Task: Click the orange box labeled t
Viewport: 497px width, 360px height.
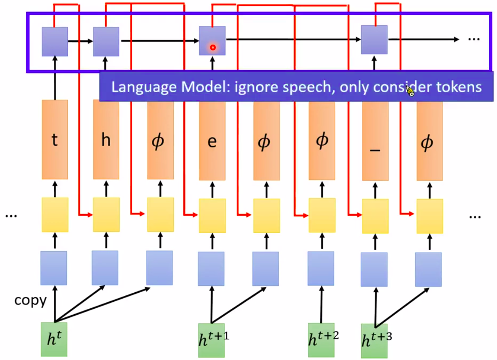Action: pos(55,139)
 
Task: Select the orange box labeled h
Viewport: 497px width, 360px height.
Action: pos(106,139)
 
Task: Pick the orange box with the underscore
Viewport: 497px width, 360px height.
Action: pos(375,141)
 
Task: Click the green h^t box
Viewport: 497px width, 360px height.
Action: pos(54,339)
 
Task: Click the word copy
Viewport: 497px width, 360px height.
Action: pos(31,301)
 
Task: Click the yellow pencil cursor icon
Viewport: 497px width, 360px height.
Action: pos(411,92)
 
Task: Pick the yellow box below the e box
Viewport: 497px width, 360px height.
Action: pos(212,216)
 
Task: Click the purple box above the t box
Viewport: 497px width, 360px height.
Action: pos(55,41)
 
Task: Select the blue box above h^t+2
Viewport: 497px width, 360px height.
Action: pos(321,268)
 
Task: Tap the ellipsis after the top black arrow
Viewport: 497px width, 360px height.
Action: pos(474,40)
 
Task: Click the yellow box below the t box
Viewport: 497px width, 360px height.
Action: pos(55,214)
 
